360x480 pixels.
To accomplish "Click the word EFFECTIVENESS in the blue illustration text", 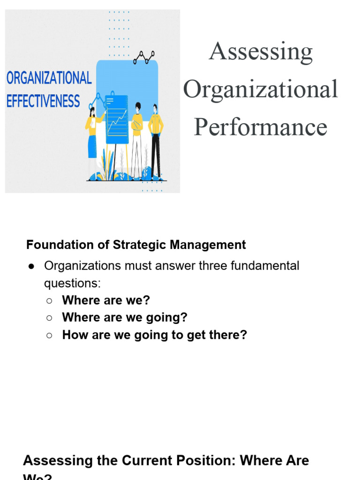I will coord(43,101).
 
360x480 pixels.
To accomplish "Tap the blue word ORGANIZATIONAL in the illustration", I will coord(49,78).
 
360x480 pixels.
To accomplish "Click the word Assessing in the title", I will coord(261,52).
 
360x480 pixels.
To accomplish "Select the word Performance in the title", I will coord(261,127).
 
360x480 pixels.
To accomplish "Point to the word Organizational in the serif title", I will coord(261,89).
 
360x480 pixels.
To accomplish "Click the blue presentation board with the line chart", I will coord(117,120).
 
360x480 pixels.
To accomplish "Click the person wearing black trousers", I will coord(156,141).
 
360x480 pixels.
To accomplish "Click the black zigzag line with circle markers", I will coord(144,57).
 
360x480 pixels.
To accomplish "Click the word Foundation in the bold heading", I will coord(54,245).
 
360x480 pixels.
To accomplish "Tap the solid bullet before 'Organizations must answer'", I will coord(31,266).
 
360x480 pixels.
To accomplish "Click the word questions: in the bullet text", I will coord(72,283).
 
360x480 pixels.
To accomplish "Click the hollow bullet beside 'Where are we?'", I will coord(49,300).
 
